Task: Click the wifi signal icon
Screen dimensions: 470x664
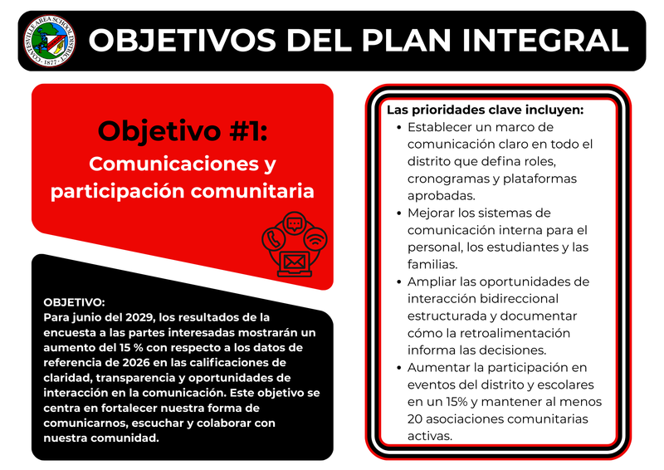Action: point(315,239)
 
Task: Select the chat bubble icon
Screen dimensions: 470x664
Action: point(294,223)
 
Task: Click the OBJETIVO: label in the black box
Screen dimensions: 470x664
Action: point(74,302)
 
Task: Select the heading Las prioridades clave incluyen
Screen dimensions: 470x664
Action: point(485,110)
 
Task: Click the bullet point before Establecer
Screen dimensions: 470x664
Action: point(398,128)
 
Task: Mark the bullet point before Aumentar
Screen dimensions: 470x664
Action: point(398,367)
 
